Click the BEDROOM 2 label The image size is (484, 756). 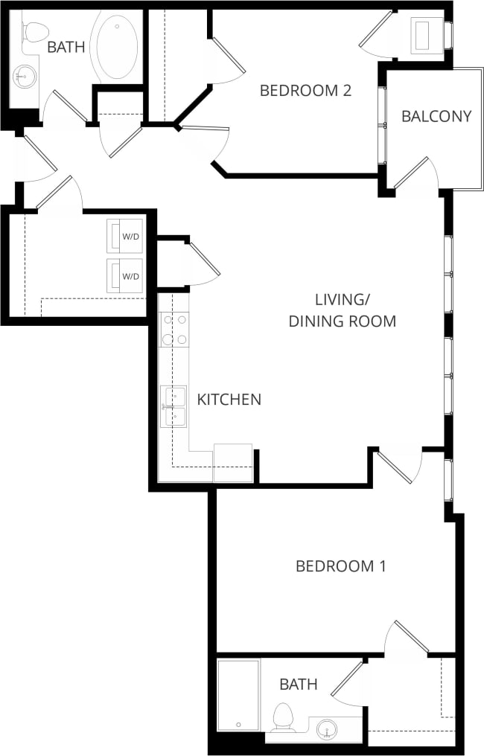coord(305,91)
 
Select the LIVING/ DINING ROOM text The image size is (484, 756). coord(342,310)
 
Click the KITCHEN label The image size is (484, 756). coord(229,400)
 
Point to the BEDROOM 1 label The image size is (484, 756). coord(341,566)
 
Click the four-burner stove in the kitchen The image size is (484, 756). coord(174,330)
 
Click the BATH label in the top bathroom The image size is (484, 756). coord(66,48)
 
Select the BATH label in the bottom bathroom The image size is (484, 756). coord(299,684)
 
